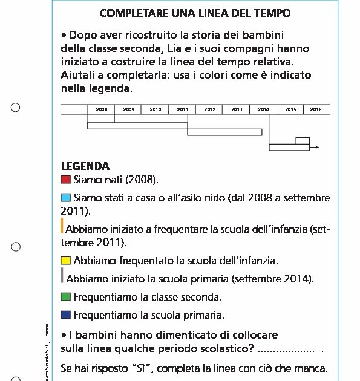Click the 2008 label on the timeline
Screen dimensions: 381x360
pos(101,109)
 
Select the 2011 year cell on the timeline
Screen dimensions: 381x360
pos(182,109)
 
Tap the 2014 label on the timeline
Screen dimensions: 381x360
pos(263,109)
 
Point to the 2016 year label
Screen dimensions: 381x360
pos(316,109)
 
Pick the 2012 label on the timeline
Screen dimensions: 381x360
pos(209,109)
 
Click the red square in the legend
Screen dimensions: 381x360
pos(66,180)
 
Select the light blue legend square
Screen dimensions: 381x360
pos(66,198)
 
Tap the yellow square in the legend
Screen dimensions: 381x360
pos(66,261)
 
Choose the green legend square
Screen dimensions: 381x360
pos(66,297)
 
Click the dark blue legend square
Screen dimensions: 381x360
pos(66,315)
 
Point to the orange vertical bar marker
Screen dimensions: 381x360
pos(62,226)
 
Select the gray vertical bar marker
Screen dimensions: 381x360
pos(62,276)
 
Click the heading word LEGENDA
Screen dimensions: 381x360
pos(85,166)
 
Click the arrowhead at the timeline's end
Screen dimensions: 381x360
pos(317,147)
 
